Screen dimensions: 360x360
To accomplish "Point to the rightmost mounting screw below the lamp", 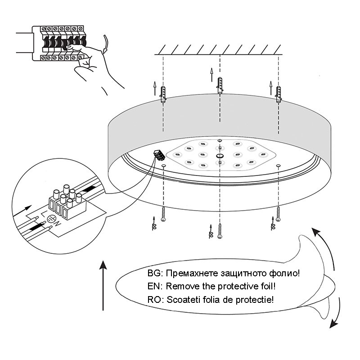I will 279,215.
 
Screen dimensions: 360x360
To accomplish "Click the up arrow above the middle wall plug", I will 211,74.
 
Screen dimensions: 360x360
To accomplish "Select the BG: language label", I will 157,273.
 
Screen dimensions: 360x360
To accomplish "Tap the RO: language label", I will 157,299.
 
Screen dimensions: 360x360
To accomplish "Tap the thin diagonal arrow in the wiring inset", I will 27,210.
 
